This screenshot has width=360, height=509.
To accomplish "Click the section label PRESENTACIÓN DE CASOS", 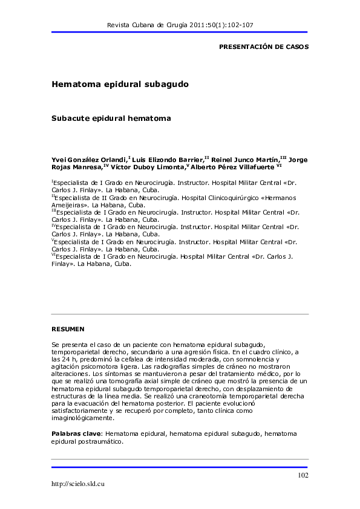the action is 263,47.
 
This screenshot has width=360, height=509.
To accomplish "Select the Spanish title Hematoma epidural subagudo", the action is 120,85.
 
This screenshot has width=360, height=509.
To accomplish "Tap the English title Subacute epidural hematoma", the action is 111,118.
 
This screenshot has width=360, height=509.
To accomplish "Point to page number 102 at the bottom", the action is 303,475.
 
